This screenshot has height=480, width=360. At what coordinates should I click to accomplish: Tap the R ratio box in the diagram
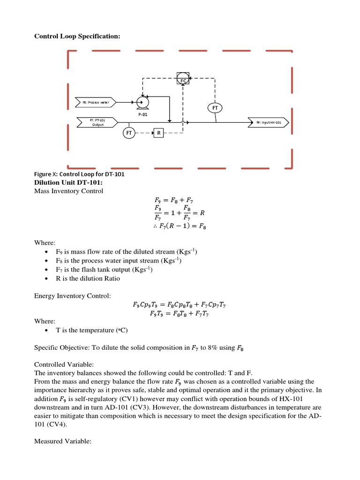pos(159,133)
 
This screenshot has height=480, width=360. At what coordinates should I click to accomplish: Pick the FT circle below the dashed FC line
pos(215,107)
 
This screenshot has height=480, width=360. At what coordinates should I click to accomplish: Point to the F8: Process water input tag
pos(96,102)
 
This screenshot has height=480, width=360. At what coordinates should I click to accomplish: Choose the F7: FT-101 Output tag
pos(97,122)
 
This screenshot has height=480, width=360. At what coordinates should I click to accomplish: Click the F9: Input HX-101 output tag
pos(269,122)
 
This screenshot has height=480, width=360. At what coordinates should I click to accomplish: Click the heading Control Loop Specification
pos(77,36)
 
